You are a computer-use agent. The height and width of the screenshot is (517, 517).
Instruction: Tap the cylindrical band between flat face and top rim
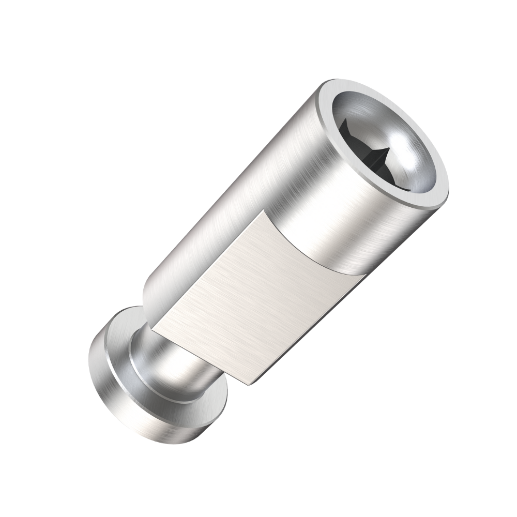362,227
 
